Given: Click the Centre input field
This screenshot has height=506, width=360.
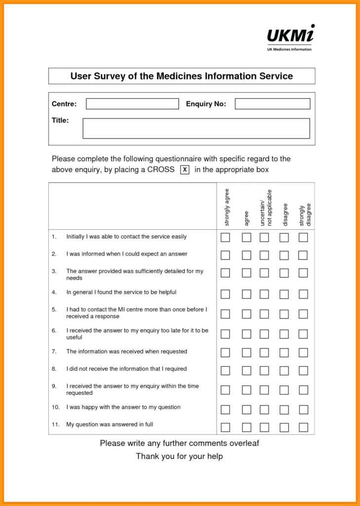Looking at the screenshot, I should pos(132,104).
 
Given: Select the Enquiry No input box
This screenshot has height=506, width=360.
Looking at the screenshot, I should pos(272,104).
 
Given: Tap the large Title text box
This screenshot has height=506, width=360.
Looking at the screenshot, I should pos(196,128).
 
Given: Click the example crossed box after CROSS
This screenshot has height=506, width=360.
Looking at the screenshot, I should pos(185,170).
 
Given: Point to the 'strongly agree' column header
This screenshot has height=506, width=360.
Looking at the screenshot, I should pos(227,207).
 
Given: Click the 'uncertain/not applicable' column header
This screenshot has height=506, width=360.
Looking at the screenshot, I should pos(266,208).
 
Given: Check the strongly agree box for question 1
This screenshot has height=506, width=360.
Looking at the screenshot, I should pos(225,238).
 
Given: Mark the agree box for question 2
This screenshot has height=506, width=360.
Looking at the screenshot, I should pos(246,255).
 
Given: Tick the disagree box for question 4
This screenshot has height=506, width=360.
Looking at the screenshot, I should pos(284,294).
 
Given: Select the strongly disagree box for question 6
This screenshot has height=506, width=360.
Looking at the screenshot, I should pos(303,334).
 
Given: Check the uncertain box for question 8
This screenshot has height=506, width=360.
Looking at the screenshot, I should pos(264,371).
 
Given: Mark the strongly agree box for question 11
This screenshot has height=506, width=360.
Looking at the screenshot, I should pos(225,427).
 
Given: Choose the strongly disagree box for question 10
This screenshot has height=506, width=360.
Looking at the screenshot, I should pos(303,409).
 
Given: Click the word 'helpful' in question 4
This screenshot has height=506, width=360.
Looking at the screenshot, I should pos(166,292).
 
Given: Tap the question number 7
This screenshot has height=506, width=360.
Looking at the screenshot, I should pos(54,351).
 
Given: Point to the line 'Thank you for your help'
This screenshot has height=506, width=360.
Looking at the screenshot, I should pos(179,456).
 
